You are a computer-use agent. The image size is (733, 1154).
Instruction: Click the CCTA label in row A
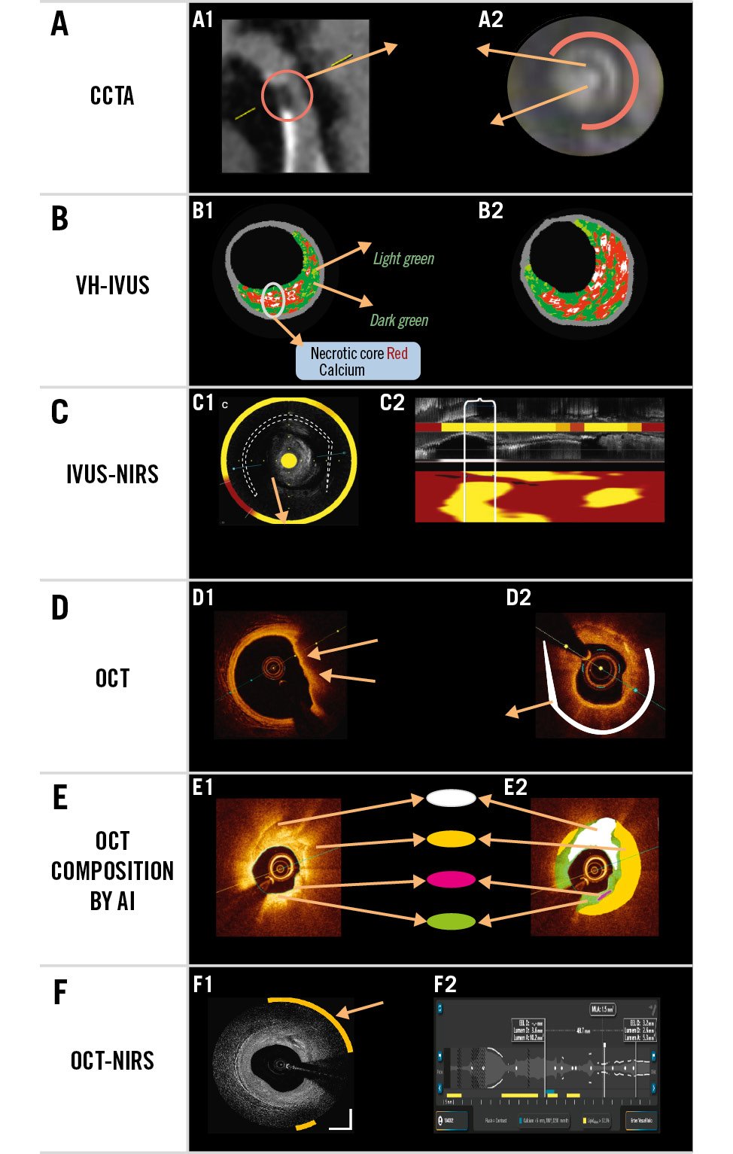pyautogui.click(x=112, y=96)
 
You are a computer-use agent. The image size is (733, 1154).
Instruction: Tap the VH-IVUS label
pyautogui.click(x=112, y=285)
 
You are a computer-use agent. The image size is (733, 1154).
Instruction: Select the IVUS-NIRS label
pyautogui.click(x=112, y=474)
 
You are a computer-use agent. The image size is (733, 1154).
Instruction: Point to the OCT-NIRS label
pyautogui.click(x=112, y=1061)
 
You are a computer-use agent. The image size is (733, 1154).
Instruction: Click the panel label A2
pyautogui.click(x=491, y=20)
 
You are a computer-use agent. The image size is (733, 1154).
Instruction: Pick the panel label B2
pyautogui.click(x=491, y=211)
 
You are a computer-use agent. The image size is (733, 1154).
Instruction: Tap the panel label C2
pyautogui.click(x=392, y=403)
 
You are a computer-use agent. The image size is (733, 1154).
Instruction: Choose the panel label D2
pyautogui.click(x=519, y=598)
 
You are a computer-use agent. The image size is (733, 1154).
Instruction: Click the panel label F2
pyautogui.click(x=446, y=985)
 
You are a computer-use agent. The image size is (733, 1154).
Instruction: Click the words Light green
pyautogui.click(x=403, y=259)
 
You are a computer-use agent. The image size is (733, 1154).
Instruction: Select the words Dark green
pyautogui.click(x=399, y=321)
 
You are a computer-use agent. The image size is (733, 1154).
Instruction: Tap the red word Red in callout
pyautogui.click(x=397, y=353)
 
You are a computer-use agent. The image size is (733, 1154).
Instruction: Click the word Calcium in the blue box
pyautogui.click(x=342, y=370)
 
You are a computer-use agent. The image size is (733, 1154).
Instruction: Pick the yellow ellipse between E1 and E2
pyautogui.click(x=451, y=839)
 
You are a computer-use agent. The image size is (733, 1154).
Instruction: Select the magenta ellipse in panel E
pyautogui.click(x=451, y=879)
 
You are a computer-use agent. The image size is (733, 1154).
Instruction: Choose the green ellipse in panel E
pyautogui.click(x=451, y=920)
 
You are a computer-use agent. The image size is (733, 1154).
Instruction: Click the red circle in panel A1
pyautogui.click(x=287, y=96)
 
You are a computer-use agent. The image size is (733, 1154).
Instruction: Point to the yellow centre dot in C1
pyautogui.click(x=288, y=460)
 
